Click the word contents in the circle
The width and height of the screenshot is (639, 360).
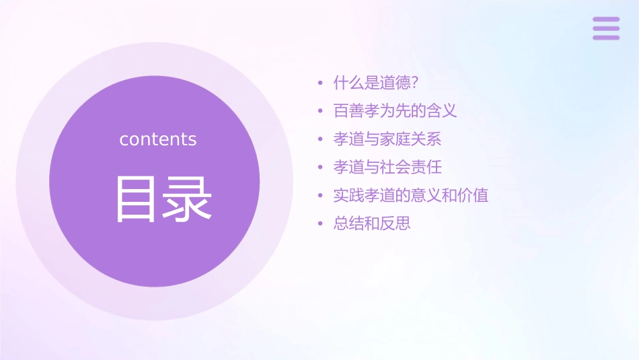coord(158,139)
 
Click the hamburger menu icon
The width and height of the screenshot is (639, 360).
coord(606,28)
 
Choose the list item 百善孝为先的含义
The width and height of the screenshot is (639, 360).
coord(396,111)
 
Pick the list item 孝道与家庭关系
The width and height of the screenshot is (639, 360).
coord(387,139)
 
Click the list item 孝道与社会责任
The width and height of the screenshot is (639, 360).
coord(387,167)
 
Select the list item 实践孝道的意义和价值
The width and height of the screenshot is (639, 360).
coord(411,196)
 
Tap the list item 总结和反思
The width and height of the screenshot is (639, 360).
coord(372,223)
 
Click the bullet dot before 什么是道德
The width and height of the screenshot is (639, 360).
coord(321,83)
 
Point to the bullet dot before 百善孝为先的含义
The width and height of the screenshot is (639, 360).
coord(321,112)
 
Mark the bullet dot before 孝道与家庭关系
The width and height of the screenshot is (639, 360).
coord(321,140)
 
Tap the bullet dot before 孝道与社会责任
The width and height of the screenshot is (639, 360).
coord(321,168)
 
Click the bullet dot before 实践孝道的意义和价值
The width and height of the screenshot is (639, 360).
coord(321,196)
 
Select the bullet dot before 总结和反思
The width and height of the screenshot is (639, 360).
coord(321,224)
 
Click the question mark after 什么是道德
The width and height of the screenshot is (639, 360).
coord(416,83)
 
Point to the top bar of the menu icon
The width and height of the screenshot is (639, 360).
coord(606,20)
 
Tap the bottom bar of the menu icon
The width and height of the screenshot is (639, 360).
coord(606,38)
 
